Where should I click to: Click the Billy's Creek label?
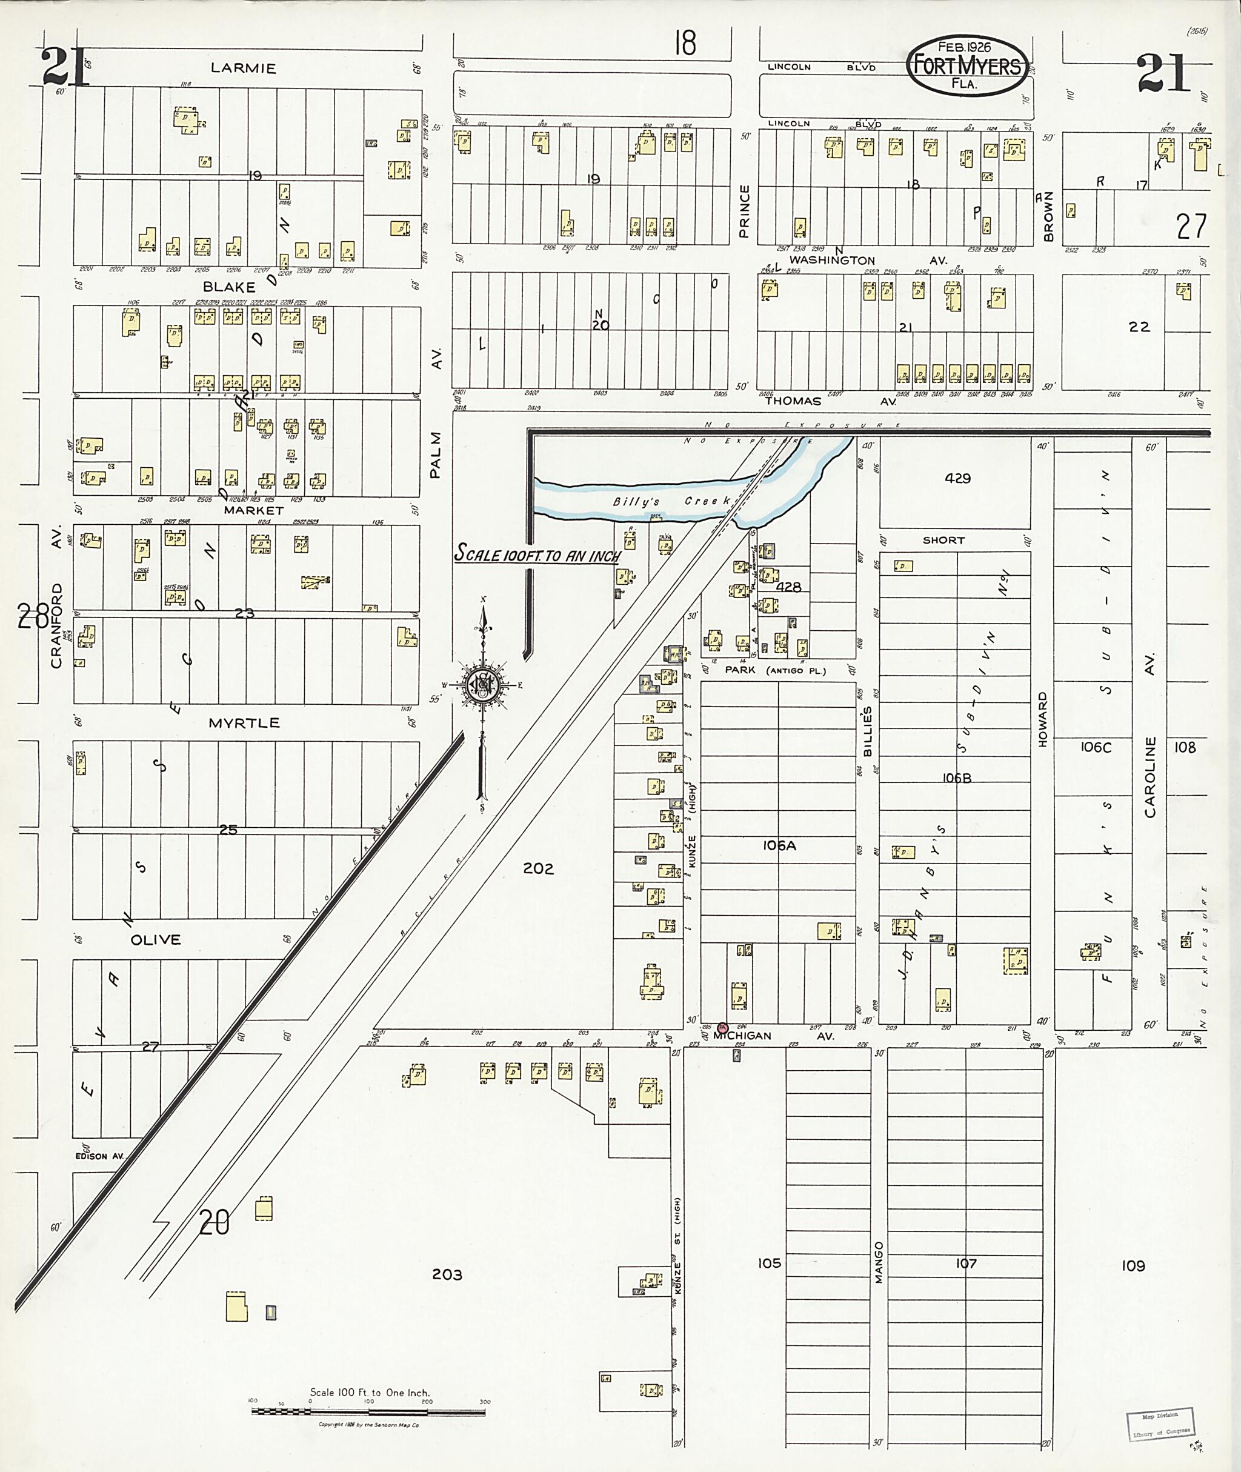[672, 501]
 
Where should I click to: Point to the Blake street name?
[228, 287]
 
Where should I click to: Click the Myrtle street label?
[244, 722]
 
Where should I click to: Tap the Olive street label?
[156, 939]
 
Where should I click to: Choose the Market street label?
[253, 510]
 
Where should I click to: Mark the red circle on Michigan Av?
[722, 1028]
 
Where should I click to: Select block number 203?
[447, 1274]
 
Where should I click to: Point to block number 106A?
[779, 846]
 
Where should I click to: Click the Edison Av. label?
[99, 1156]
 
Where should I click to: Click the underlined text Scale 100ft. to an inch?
[537, 554]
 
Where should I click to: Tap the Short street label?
[943, 541]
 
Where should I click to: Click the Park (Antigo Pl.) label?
[775, 670]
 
